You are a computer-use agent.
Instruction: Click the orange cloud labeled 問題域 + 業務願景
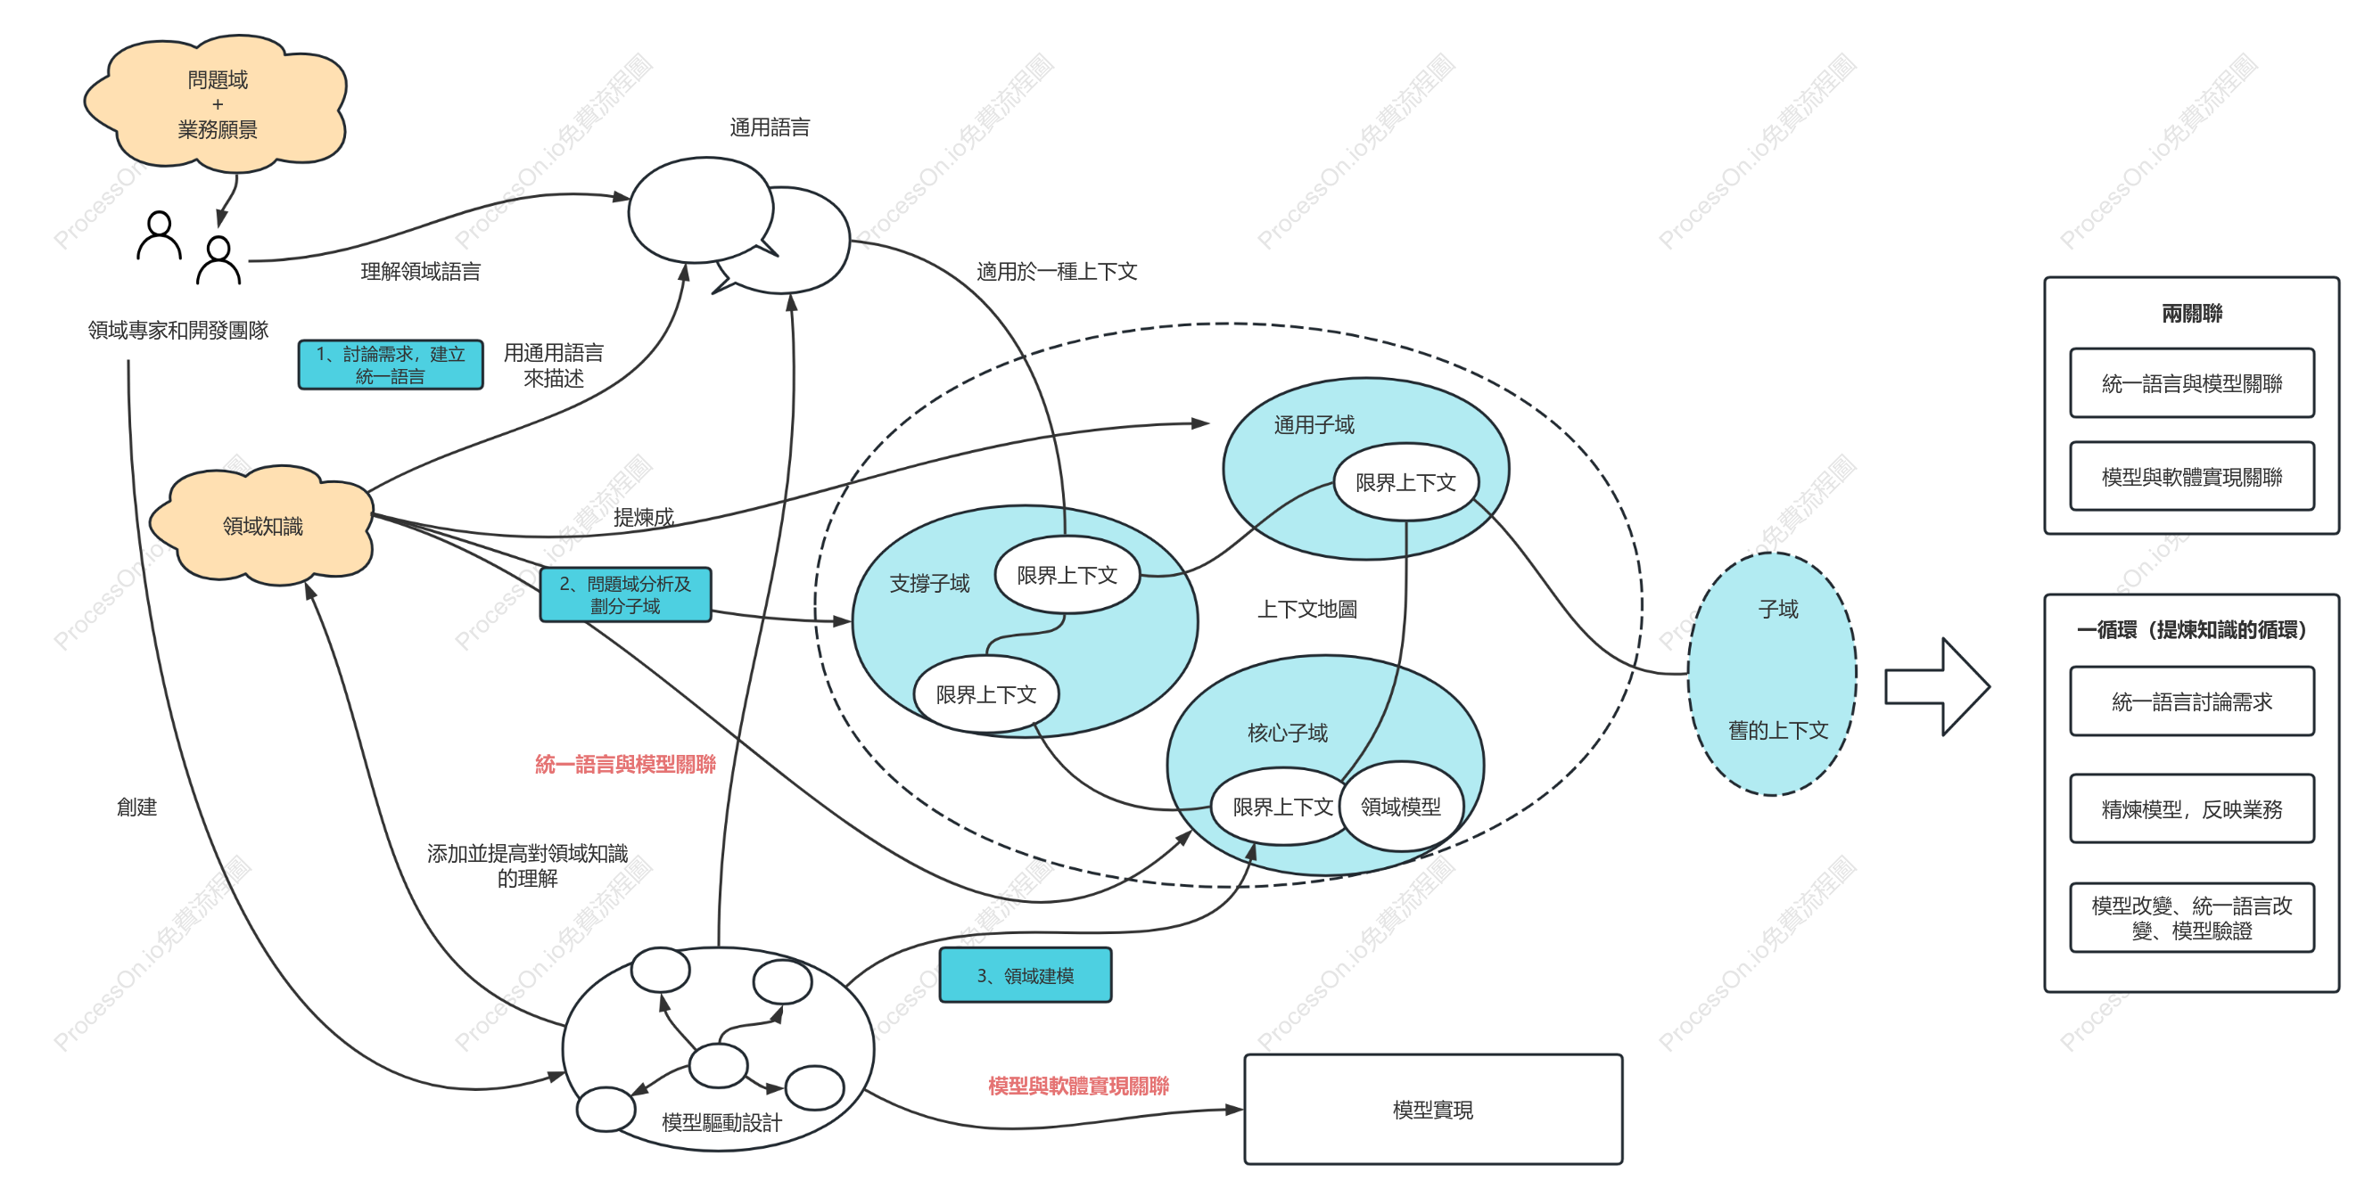(x=217, y=104)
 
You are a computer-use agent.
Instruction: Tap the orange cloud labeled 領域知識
(x=262, y=525)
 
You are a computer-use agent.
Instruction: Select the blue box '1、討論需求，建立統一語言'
(x=391, y=365)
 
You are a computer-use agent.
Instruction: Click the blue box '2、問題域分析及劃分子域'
(x=625, y=594)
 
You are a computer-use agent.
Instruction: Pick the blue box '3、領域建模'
(x=1026, y=975)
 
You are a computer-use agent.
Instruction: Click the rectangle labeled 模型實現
(x=1433, y=1110)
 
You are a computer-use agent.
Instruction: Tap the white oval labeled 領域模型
(x=1401, y=807)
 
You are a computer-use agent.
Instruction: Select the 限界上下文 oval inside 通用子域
(x=1405, y=481)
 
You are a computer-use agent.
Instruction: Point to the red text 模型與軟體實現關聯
(x=1079, y=1086)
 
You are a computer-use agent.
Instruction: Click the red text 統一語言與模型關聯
(x=625, y=764)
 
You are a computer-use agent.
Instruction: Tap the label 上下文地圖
(x=1307, y=609)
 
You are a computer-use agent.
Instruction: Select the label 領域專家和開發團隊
(x=177, y=330)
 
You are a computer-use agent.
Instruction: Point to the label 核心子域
(x=1288, y=733)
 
